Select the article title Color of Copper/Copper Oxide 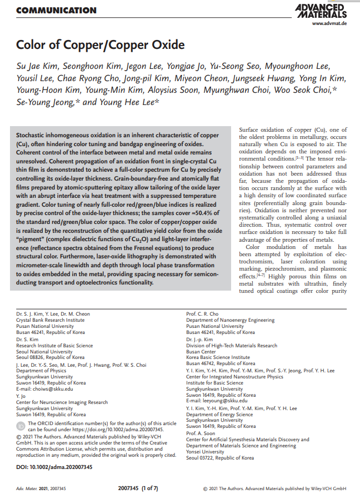(x=100, y=44)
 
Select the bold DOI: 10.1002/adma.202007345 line (x=54, y=467)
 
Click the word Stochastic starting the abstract (x=32, y=136)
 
